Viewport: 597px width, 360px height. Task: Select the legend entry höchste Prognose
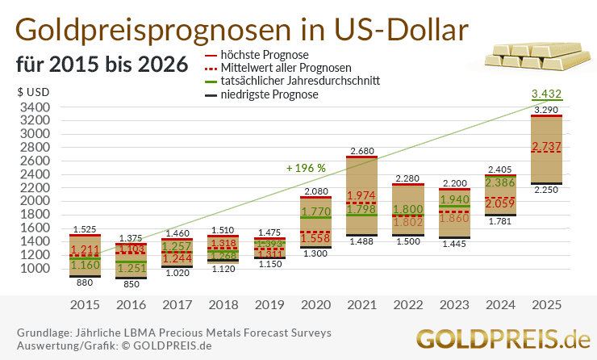[257, 54]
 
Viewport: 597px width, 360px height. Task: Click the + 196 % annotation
[306, 168]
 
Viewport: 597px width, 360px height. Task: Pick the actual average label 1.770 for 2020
[315, 212]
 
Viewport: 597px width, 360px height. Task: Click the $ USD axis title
[33, 92]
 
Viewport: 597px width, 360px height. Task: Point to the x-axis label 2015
[85, 305]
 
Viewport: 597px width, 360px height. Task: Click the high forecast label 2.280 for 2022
[407, 178]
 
